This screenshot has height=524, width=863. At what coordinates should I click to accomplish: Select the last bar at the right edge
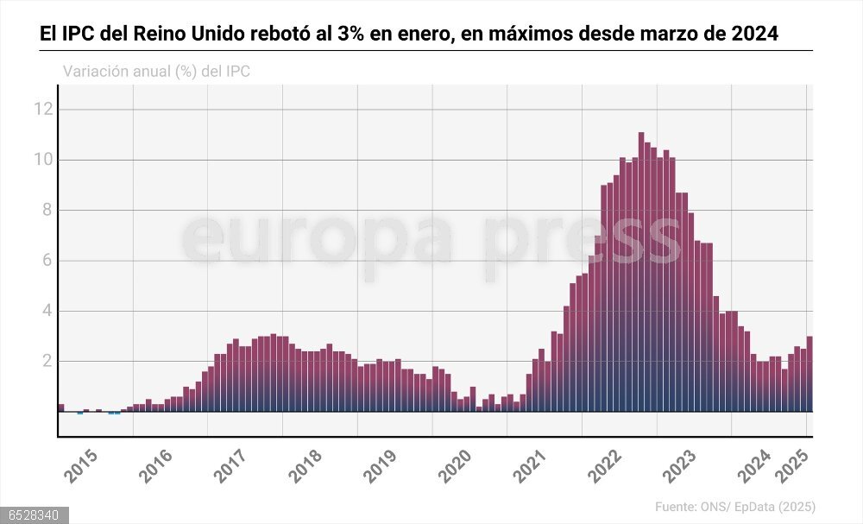[809, 375]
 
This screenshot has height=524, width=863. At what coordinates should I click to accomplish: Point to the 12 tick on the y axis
[44, 109]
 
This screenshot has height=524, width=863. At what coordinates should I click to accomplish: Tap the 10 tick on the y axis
[44, 160]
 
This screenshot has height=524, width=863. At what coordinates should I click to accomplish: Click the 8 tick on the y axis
[48, 210]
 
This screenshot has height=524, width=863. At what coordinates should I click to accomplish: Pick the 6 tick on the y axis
[48, 261]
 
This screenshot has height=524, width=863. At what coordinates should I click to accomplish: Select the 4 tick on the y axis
[48, 311]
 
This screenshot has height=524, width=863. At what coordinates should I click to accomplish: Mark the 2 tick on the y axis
[48, 361]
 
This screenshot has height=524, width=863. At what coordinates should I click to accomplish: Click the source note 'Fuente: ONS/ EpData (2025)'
[734, 507]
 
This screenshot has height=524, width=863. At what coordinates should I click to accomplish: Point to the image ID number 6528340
[31, 515]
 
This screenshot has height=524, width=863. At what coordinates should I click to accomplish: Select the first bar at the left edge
[61, 407]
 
